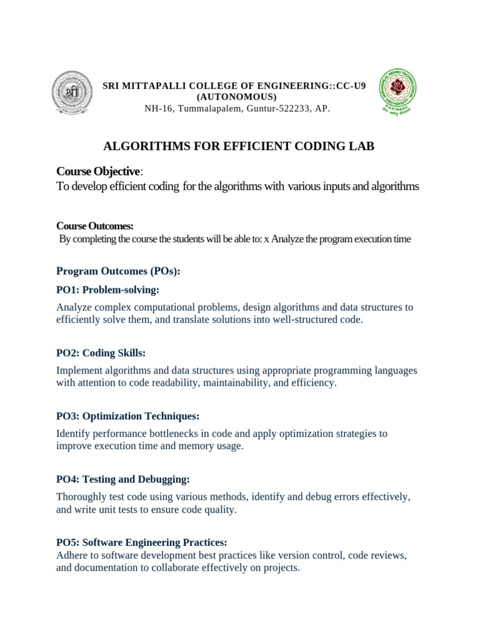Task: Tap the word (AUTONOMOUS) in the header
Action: tap(237, 97)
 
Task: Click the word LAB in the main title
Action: tap(363, 146)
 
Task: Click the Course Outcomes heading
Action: tap(95, 226)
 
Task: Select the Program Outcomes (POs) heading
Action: tap(118, 271)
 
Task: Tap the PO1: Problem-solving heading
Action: tap(108, 290)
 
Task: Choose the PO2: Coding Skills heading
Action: tap(101, 353)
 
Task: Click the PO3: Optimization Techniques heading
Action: tap(128, 416)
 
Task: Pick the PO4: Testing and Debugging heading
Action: tap(123, 479)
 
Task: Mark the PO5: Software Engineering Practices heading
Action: tap(141, 542)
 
